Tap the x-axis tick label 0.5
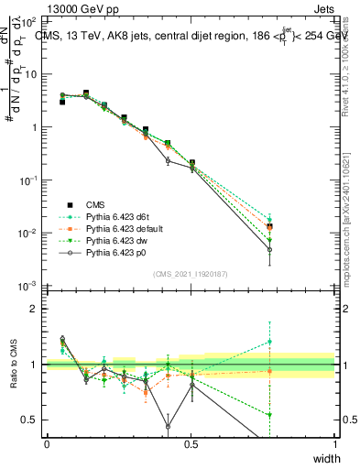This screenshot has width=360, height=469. pyautogui.click(x=191, y=443)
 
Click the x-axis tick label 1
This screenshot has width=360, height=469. pyautogui.click(x=335, y=443)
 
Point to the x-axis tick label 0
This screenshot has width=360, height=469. pyautogui.click(x=47, y=443)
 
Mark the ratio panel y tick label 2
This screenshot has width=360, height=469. pyautogui.click(x=35, y=309)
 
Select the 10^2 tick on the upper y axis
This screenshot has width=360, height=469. pyautogui.click(x=30, y=20)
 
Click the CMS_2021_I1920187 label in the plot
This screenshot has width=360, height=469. pyautogui.click(x=191, y=274)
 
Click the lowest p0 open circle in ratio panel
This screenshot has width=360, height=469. pyautogui.click(x=168, y=426)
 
